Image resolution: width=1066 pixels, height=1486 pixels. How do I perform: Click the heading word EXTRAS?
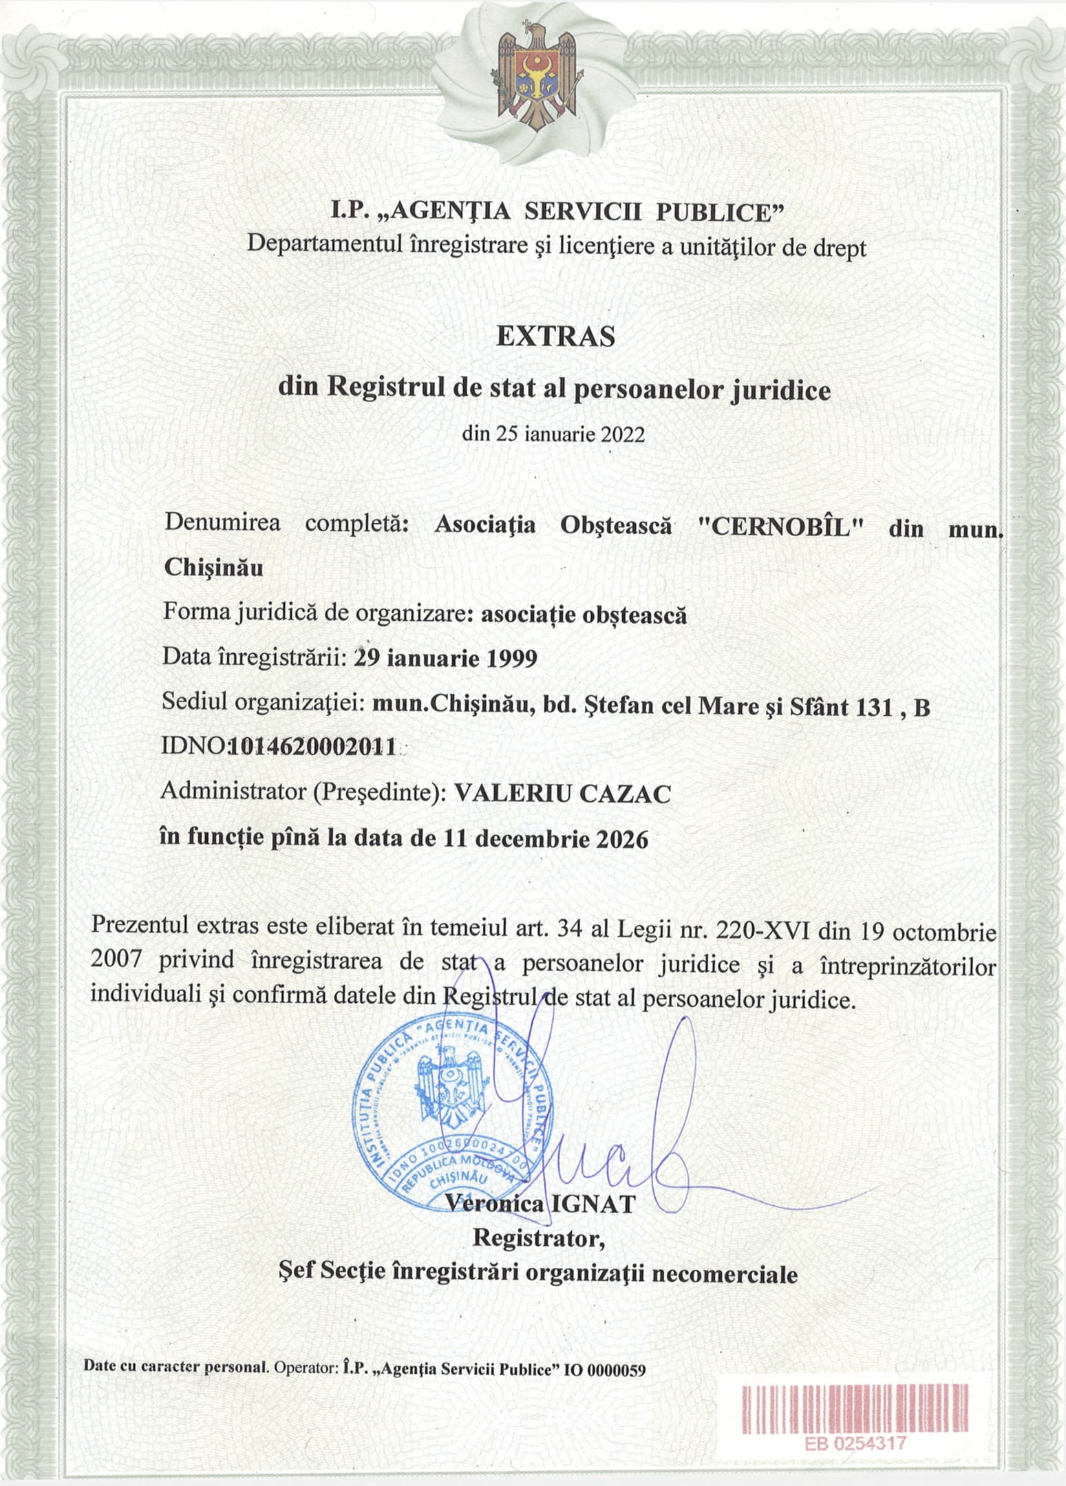point(555,337)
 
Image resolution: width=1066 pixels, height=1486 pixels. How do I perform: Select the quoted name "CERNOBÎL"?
point(780,527)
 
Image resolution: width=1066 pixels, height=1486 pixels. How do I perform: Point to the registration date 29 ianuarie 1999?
point(445,659)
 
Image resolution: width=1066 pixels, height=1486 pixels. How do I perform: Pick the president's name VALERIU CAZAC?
point(562,794)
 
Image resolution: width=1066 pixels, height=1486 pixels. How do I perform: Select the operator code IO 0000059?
point(605,1369)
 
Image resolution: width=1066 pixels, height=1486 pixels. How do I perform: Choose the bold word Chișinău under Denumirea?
point(213,568)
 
